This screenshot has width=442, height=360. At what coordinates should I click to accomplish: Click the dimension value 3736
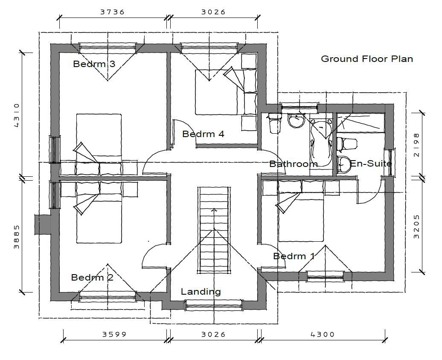tap(112, 12)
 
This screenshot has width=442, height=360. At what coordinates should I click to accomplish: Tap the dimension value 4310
tap(17, 115)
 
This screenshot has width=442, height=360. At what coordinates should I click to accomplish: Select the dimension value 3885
tap(17, 237)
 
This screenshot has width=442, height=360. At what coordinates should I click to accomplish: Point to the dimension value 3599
tap(114, 334)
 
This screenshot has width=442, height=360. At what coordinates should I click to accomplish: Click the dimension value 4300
tap(323, 334)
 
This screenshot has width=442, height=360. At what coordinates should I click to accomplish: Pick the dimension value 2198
tap(416, 145)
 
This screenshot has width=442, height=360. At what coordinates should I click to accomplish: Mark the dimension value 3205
tap(416, 227)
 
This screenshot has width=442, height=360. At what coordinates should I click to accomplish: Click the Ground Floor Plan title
tap(367, 59)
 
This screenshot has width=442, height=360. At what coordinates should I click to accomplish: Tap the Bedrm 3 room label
tap(94, 64)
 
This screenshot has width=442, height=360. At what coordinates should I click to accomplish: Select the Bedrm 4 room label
tap(203, 134)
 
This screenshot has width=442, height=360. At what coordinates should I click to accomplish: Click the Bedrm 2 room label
tap(92, 277)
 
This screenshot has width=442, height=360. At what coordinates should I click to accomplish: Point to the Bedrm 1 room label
tap(294, 256)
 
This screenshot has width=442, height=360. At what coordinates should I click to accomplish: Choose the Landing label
tap(201, 292)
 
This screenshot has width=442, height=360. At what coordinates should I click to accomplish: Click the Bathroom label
tap(294, 164)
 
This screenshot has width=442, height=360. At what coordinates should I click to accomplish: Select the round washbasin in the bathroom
tap(296, 121)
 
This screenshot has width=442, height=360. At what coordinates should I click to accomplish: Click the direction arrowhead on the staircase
tap(214, 210)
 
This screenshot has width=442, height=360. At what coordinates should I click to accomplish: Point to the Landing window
tap(214, 305)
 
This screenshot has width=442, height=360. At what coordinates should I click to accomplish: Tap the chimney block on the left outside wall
tap(43, 224)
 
